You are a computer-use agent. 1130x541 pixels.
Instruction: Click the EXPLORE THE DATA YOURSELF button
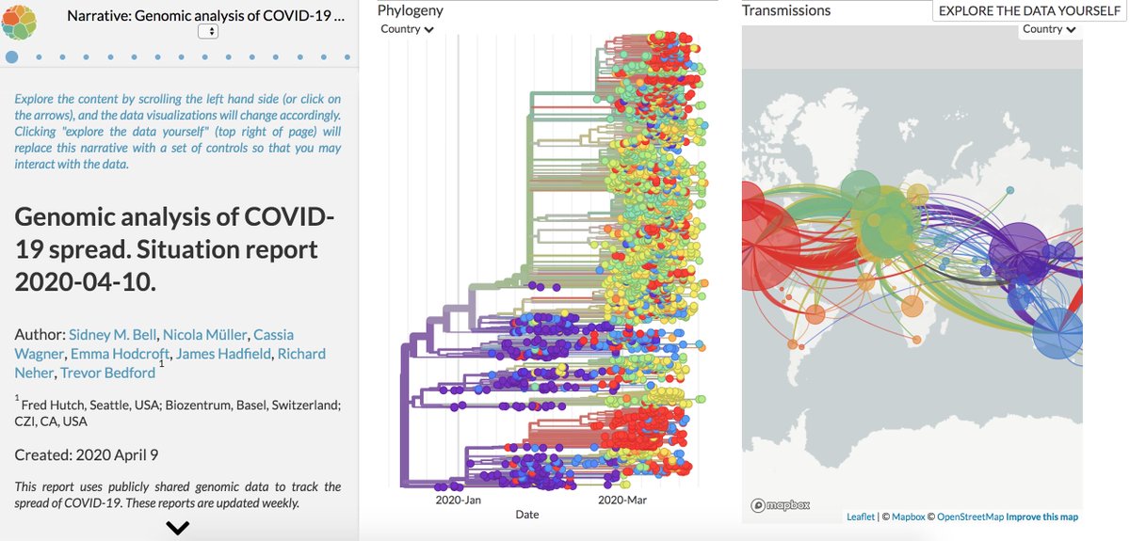pos(1029,10)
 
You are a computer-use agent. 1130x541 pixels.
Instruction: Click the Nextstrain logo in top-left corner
pos(19,19)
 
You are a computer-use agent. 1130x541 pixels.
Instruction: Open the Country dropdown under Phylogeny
pos(407,29)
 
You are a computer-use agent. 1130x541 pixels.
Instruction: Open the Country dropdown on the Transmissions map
pos(1048,29)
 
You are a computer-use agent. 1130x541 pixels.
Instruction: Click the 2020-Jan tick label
pos(458,501)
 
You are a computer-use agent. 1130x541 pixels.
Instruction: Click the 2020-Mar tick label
pos(621,501)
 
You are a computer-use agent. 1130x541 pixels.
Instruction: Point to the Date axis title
pos(527,515)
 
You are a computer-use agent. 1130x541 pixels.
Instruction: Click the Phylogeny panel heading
pos(410,10)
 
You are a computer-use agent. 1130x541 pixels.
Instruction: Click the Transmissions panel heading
pos(785,10)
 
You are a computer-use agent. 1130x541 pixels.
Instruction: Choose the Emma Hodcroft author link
pos(116,354)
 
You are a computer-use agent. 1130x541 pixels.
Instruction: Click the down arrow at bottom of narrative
pos(177,528)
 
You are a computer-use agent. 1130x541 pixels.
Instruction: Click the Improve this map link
pos(1041,517)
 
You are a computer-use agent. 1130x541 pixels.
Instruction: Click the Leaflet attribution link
pos(861,517)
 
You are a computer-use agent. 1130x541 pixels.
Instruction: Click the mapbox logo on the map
pos(781,505)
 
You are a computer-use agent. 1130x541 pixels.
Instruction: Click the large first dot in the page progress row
pos(11,56)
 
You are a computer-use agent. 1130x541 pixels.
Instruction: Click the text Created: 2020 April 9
pos(87,455)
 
